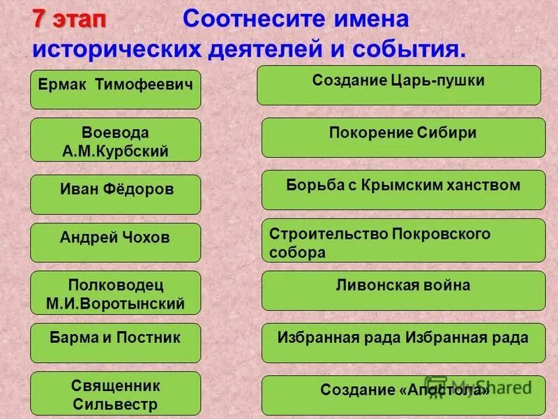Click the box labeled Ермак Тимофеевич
click(115, 89)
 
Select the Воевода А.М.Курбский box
click(115, 140)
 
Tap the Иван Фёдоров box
click(115, 194)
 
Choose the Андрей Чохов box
click(115, 242)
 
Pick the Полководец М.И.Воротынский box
click(115, 293)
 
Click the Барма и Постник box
click(115, 343)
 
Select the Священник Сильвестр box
click(115, 394)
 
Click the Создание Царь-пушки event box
click(398, 85)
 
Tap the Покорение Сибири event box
click(403, 138)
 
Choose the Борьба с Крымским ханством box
click(403, 190)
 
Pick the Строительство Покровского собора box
click(403, 240)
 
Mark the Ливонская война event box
click(403, 291)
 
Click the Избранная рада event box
click(403, 343)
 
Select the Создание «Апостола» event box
click(403, 395)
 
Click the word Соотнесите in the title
click(247, 20)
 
